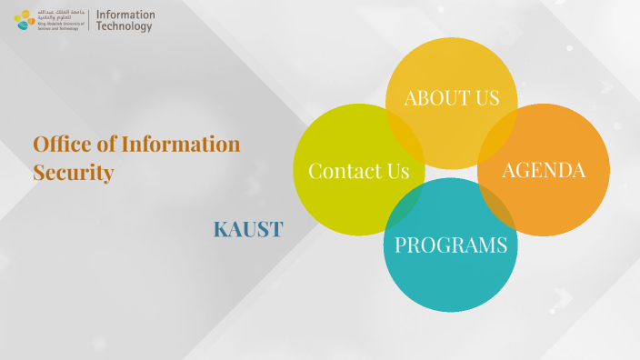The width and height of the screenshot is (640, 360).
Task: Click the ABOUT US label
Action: pyautogui.click(x=452, y=98)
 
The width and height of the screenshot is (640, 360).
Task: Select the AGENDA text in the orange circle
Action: pyautogui.click(x=543, y=170)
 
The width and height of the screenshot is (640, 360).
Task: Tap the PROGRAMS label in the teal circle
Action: pyautogui.click(x=451, y=245)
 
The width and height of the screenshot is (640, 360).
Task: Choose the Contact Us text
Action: pyautogui.click(x=358, y=171)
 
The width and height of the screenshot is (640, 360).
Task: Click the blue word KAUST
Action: pyautogui.click(x=247, y=230)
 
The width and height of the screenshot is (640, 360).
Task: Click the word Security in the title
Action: pyautogui.click(x=74, y=172)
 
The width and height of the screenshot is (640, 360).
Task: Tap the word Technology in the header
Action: pyautogui.click(x=125, y=27)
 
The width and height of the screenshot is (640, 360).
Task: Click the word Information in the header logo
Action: pyautogui.click(x=125, y=15)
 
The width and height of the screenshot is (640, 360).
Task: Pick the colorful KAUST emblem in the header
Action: pyautogui.click(x=25, y=20)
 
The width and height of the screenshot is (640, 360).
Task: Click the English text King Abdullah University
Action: pyautogui.click(x=60, y=25)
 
